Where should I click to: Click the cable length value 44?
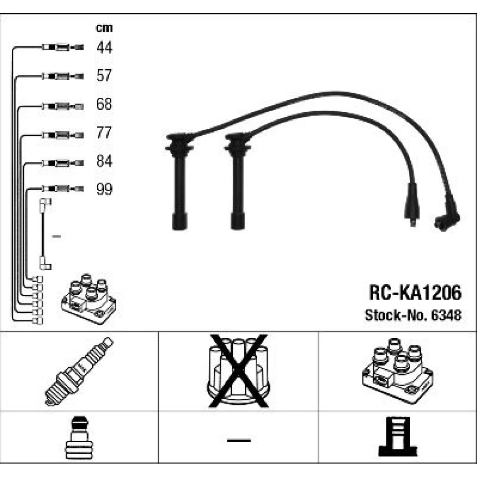pyautogui.click(x=104, y=47)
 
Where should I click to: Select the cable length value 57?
pyautogui.click(x=104, y=75)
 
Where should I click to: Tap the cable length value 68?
pyautogui.click(x=104, y=104)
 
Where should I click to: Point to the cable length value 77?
pyautogui.click(x=104, y=133)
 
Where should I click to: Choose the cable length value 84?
pyautogui.click(x=104, y=161)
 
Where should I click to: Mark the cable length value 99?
pyautogui.click(x=104, y=189)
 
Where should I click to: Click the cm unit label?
pyautogui.click(x=104, y=28)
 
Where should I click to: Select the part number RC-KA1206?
pyautogui.click(x=415, y=293)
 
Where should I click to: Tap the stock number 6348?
pyautogui.click(x=446, y=315)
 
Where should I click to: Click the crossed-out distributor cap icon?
pyautogui.click(x=238, y=371)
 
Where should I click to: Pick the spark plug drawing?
pyautogui.click(x=79, y=371)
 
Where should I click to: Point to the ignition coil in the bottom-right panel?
pyautogui.click(x=398, y=371)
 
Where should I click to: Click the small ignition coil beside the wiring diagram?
pyautogui.click(x=89, y=299)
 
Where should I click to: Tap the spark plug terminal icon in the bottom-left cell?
pyautogui.click(x=79, y=437)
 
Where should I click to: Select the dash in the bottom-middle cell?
pyautogui.click(x=239, y=440)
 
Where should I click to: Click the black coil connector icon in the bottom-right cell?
pyautogui.click(x=398, y=436)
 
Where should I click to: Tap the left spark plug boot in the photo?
pyautogui.click(x=179, y=181)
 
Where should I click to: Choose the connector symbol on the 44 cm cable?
pyautogui.click(x=62, y=47)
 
